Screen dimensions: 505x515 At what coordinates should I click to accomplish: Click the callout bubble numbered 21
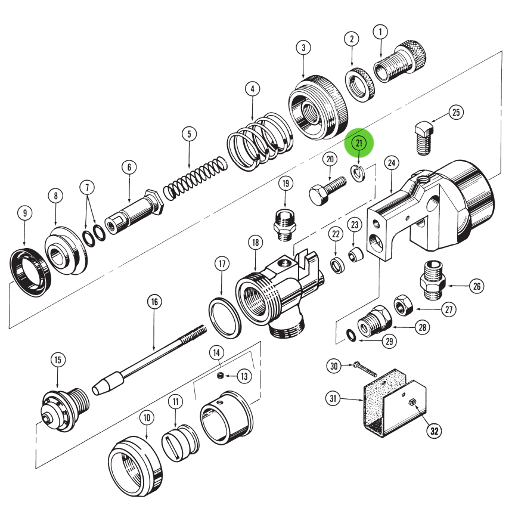[359, 143]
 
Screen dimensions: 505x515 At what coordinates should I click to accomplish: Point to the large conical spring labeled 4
[260, 142]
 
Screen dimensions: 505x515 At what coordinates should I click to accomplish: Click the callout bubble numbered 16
[154, 302]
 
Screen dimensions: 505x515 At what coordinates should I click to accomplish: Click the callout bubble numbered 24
[391, 162]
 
